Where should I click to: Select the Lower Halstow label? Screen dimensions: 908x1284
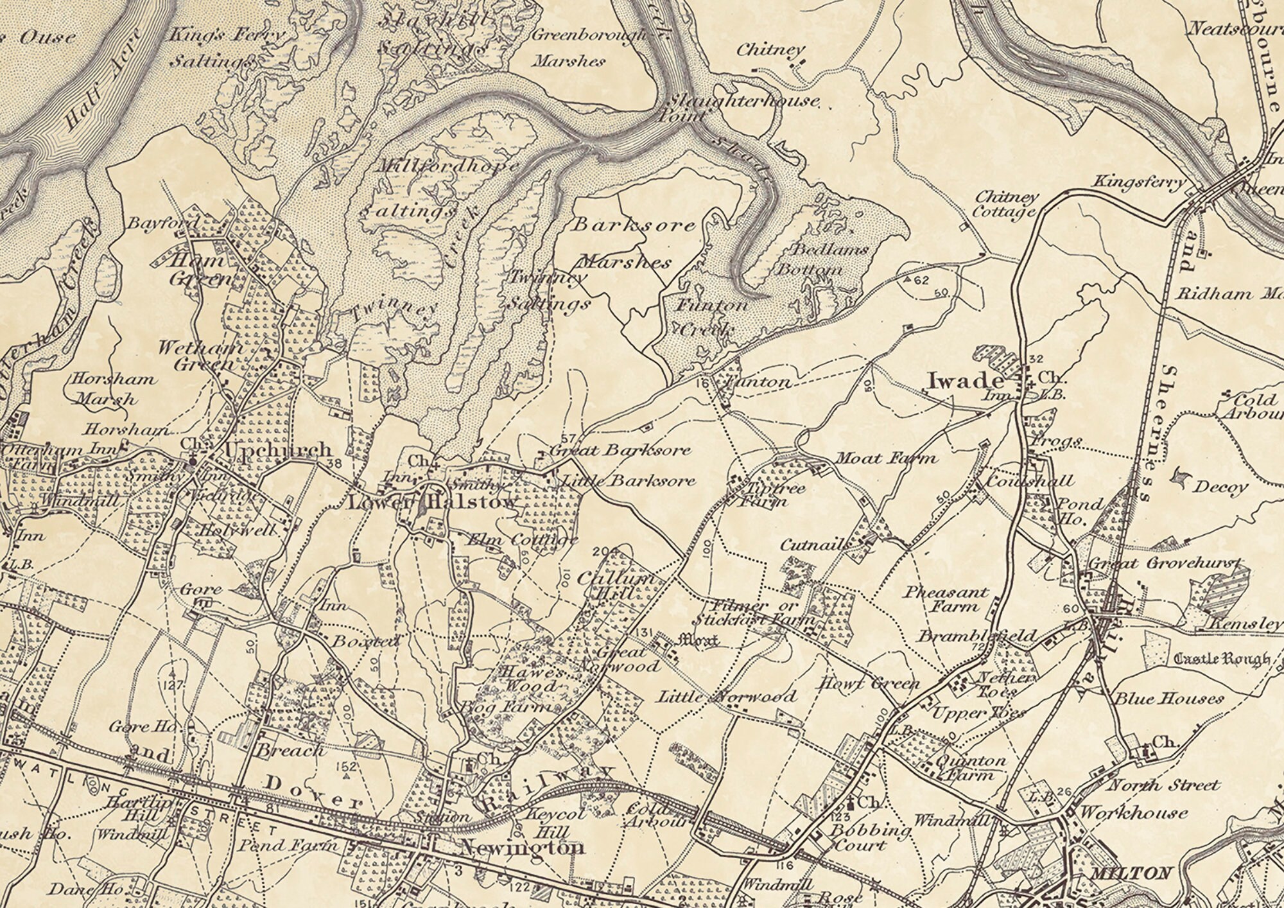pos(431,502)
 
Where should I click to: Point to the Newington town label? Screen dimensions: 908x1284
pos(522,848)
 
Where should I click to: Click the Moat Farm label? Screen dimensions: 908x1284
pos(886,458)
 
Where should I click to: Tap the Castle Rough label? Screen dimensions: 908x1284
pos(1221,659)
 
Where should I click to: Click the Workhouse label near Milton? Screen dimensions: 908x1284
pos(1133,812)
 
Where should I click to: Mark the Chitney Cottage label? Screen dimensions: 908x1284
pos(1005,205)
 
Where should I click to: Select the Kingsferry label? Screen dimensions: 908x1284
pos(1140,182)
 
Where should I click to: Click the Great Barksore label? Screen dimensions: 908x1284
pos(620,450)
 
